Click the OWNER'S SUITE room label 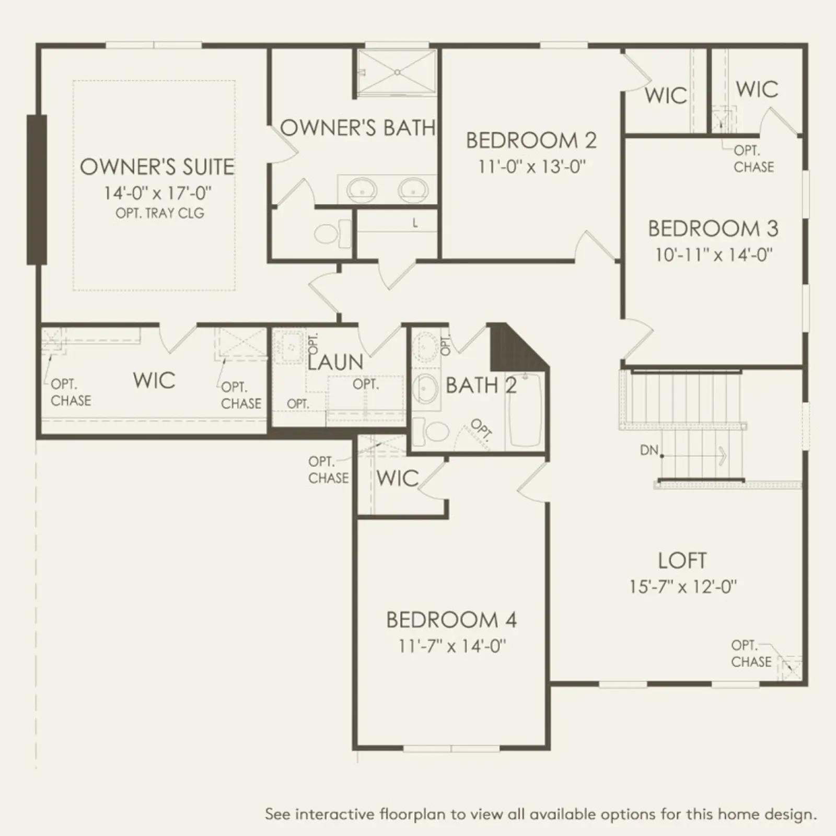click(157, 167)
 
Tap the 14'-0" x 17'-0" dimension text click(158, 193)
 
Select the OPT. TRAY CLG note click(160, 213)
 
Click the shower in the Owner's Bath click(397, 73)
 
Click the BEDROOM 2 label click(531, 141)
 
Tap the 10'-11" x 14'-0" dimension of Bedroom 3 click(714, 255)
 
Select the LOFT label click(682, 561)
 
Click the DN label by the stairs click(649, 450)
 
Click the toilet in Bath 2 click(432, 432)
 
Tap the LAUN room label click(335, 362)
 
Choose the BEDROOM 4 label click(451, 620)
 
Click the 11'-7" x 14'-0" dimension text click(452, 646)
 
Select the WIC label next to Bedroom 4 click(398, 478)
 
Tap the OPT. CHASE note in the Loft click(751, 653)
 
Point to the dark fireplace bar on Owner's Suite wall click(37, 190)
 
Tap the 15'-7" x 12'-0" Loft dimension click(683, 587)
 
